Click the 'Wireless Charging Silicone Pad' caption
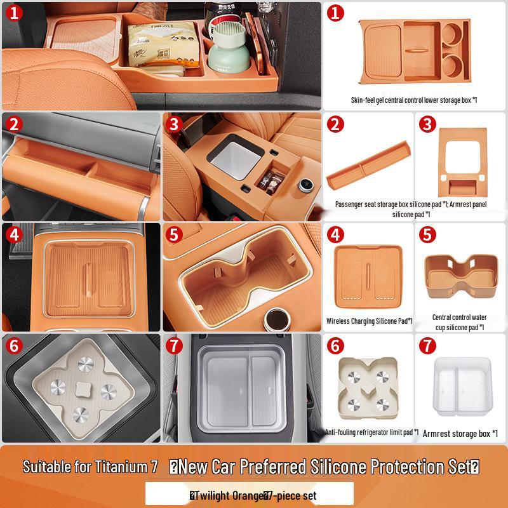pyautogui.click(x=370, y=321)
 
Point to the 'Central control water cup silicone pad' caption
pyautogui.click(x=459, y=322)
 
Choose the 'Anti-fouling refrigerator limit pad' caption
pyautogui.click(x=371, y=432)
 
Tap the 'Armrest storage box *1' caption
pyautogui.click(x=460, y=433)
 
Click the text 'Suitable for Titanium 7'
pyautogui.click(x=90, y=467)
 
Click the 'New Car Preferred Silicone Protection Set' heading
pyautogui.click(x=324, y=467)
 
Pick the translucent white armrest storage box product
pyautogui.click(x=461, y=383)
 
